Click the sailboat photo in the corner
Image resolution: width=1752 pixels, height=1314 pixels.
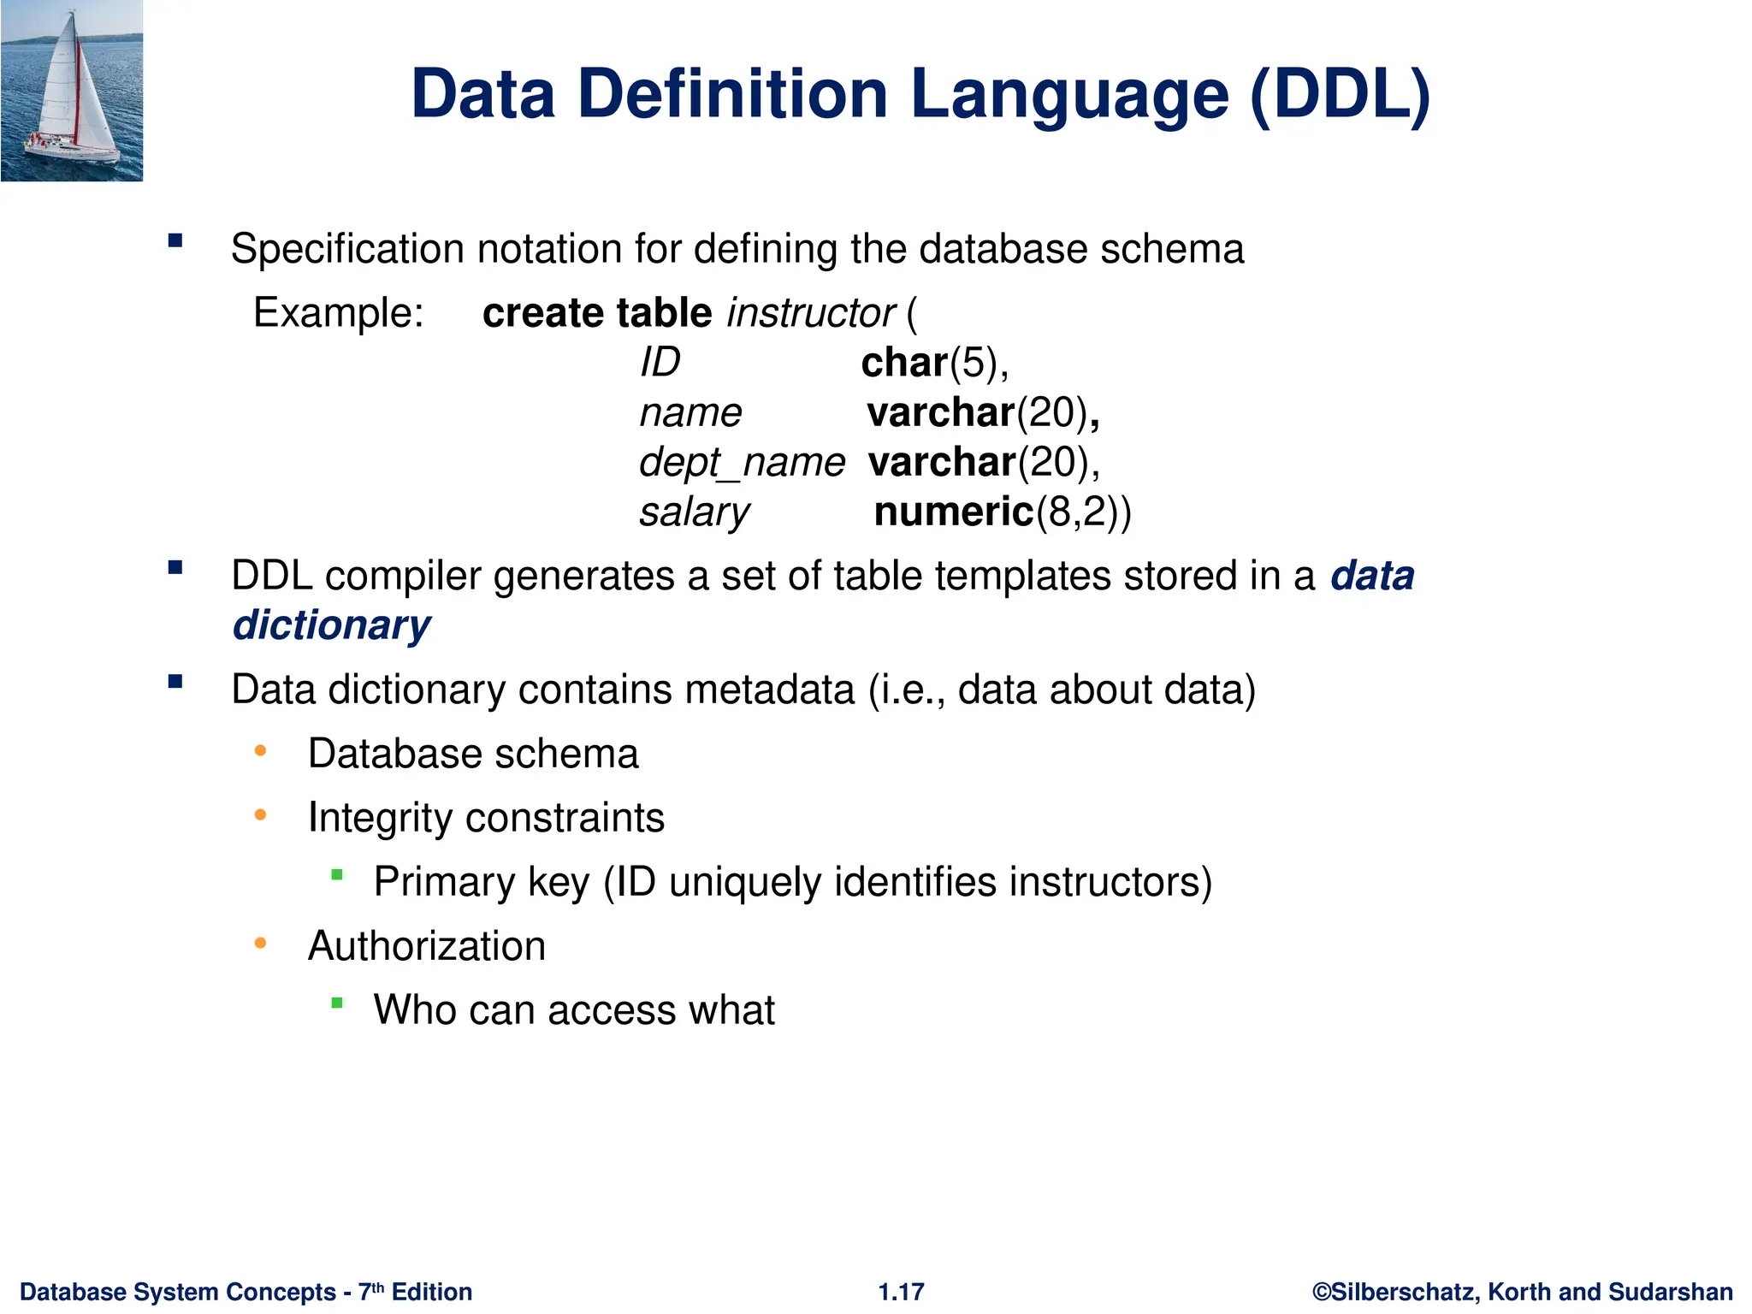72,91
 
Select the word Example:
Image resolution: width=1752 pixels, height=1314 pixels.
339,313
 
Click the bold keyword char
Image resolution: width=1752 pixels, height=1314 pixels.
904,363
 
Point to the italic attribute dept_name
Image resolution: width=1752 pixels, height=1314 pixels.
742,463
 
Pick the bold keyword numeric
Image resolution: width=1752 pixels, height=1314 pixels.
954,512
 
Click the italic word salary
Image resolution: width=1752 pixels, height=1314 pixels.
694,512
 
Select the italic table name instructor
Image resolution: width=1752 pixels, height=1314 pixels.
810,313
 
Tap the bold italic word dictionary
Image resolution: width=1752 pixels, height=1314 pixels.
332,625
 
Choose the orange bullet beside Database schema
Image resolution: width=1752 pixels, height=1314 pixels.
261,752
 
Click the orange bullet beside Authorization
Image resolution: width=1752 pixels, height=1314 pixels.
261,944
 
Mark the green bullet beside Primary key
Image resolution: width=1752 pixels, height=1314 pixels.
337,874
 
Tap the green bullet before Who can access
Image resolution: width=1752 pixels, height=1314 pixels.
337,1003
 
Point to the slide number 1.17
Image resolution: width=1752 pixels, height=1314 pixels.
901,1292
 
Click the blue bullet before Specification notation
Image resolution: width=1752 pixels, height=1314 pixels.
175,241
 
